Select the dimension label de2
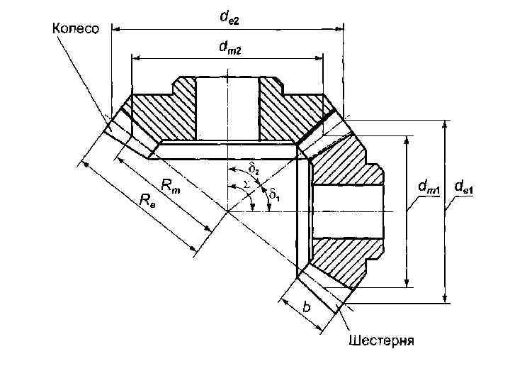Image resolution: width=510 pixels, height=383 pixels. (x=228, y=19)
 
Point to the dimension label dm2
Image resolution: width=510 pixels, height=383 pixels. (x=227, y=48)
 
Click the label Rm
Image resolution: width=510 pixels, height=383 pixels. (x=171, y=186)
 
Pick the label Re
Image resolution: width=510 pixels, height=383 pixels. (x=147, y=201)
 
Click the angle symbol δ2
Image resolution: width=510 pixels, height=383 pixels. (x=254, y=169)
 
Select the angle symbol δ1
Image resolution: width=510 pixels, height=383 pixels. (x=274, y=193)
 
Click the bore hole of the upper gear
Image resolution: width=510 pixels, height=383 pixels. (x=227, y=106)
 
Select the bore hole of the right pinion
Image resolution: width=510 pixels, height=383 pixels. (x=347, y=211)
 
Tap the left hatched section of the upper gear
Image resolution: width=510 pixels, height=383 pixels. (x=159, y=113)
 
